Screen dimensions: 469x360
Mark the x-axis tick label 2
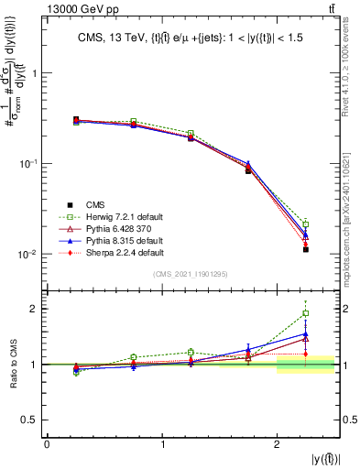pos(278,443)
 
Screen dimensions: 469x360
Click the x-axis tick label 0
pos(47,443)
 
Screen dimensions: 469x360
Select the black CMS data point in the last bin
pos(306,249)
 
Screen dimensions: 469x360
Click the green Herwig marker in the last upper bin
pos(306,224)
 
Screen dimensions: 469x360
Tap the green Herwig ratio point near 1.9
pos(306,313)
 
